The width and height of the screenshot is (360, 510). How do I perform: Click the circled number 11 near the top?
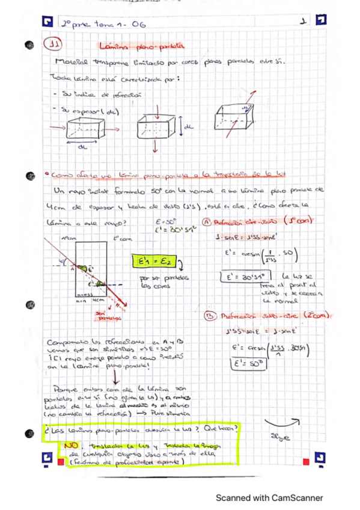(x=55, y=44)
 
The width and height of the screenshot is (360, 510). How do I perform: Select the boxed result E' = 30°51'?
(x=242, y=278)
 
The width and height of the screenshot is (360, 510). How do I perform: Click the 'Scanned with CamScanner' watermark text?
(x=269, y=498)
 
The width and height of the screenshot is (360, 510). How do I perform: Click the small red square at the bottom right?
(x=307, y=461)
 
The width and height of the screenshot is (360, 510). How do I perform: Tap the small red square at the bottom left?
(x=59, y=461)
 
